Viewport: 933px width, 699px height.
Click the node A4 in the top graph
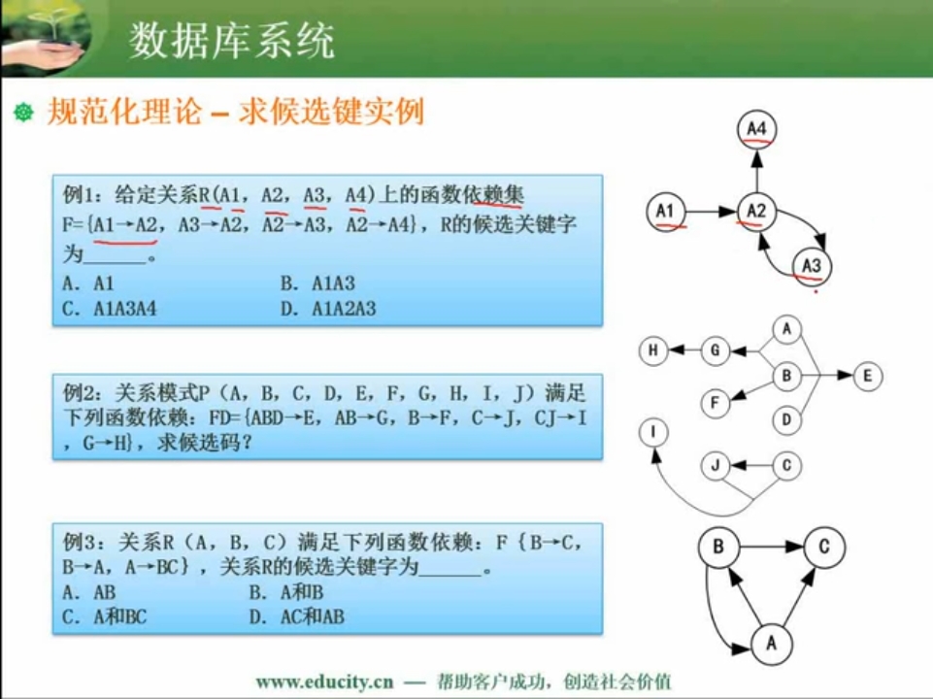pyautogui.click(x=756, y=129)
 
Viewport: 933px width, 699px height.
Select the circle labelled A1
pyautogui.click(x=666, y=212)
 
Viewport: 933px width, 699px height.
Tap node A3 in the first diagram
pyautogui.click(x=812, y=266)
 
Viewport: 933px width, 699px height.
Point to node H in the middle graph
pyautogui.click(x=653, y=350)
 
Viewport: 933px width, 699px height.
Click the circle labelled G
pyautogui.click(x=716, y=350)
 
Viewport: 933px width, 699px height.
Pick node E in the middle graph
pyautogui.click(x=868, y=376)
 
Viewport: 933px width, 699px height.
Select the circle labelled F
pyautogui.click(x=716, y=403)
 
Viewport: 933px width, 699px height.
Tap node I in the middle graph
pyautogui.click(x=653, y=432)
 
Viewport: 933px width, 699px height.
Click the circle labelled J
pyautogui.click(x=716, y=465)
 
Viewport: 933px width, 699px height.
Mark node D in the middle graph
pyautogui.click(x=786, y=419)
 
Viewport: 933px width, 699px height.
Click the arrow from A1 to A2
pyautogui.click(x=711, y=212)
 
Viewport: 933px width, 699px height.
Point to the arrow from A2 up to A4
pyautogui.click(x=756, y=170)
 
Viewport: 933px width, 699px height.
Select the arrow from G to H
pyautogui.click(x=684, y=350)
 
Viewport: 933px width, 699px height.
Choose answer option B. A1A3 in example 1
pyautogui.click(x=317, y=283)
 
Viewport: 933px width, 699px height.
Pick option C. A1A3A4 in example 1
pyautogui.click(x=110, y=309)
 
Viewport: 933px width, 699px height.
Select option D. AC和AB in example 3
pyautogui.click(x=297, y=616)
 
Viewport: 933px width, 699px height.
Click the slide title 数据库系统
pyautogui.click(x=231, y=41)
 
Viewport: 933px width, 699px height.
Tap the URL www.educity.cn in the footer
pyautogui.click(x=325, y=682)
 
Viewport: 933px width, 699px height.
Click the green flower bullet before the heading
pyautogui.click(x=24, y=112)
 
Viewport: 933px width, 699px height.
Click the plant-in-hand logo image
pyautogui.click(x=48, y=36)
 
